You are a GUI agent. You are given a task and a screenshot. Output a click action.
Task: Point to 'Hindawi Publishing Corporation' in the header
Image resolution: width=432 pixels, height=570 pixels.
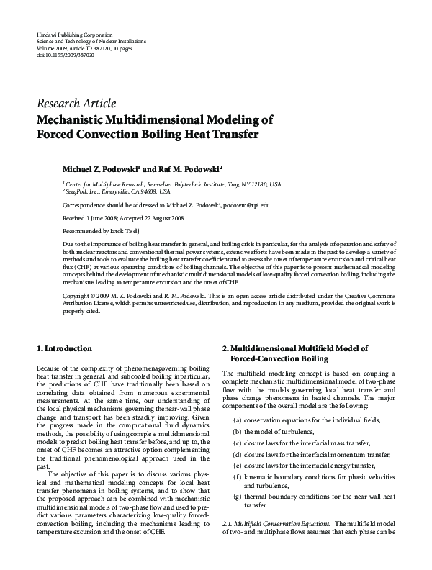73,35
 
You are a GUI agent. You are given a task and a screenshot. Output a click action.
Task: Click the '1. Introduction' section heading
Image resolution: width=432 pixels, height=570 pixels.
64,348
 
